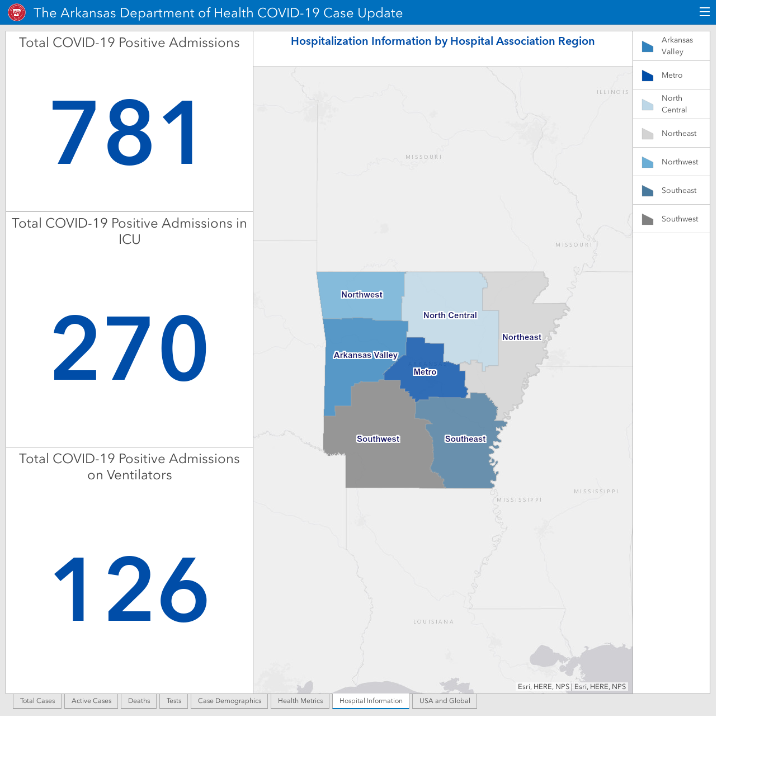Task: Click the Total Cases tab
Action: coord(37,701)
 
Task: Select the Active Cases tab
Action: coord(91,701)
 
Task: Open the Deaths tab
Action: coord(139,701)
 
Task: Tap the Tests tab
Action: coord(174,701)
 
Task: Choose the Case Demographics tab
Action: coord(229,701)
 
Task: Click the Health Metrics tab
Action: coord(300,701)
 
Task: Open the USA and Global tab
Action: coord(445,701)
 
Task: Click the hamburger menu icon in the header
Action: coord(705,12)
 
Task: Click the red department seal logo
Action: coord(17,12)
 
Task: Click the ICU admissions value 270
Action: coord(130,348)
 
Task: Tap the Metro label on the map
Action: coord(424,372)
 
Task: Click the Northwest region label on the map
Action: coord(362,295)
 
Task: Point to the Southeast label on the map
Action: coord(465,439)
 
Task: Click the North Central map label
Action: coord(450,315)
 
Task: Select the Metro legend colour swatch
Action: coord(647,76)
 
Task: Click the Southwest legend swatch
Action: coord(647,219)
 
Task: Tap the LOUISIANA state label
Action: coord(433,622)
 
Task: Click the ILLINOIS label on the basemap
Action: coord(612,92)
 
